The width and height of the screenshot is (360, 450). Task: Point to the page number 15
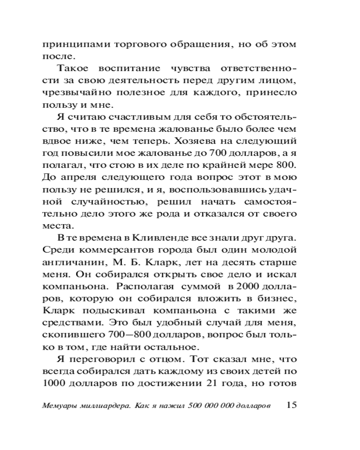(292, 404)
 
